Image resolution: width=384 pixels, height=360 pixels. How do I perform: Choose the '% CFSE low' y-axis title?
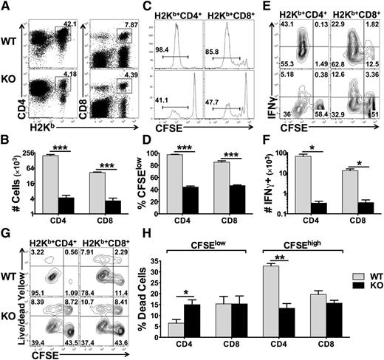click(x=138, y=178)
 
